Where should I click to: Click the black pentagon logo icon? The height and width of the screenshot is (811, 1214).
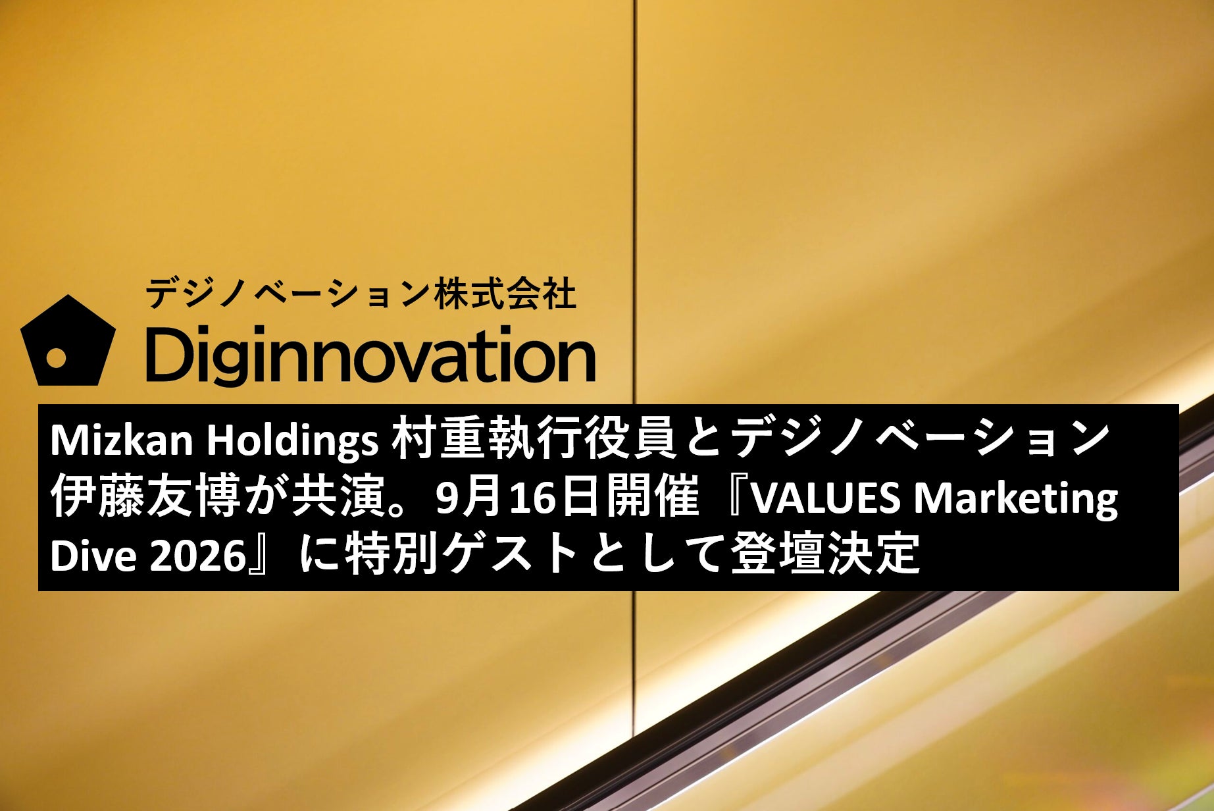[68, 342]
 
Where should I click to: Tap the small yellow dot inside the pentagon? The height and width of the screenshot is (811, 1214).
[57, 358]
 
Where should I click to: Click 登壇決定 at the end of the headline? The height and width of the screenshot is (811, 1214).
[825, 554]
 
